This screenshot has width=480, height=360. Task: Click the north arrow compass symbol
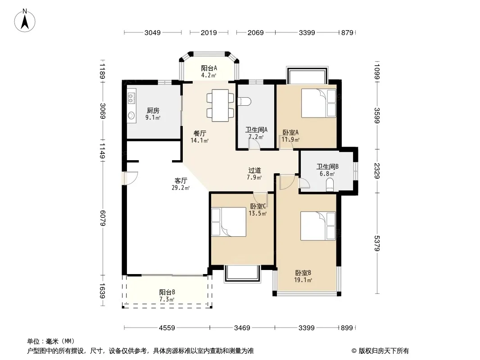click(x=25, y=21)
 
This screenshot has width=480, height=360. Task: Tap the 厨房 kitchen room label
click(x=153, y=110)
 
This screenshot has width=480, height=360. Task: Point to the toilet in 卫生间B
click(x=330, y=185)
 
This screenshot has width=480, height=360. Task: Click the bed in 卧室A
click(x=319, y=103)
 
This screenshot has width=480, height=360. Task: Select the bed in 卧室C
click(x=229, y=222)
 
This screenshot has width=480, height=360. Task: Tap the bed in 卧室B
click(x=318, y=226)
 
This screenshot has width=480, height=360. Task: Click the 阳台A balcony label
click(x=209, y=68)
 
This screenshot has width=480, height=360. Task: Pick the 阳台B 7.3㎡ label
click(x=167, y=296)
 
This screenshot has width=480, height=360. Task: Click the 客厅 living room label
click(x=181, y=181)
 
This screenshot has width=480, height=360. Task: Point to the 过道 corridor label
click(x=254, y=171)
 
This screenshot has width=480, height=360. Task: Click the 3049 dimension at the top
click(x=153, y=33)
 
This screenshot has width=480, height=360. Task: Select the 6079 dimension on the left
click(x=103, y=218)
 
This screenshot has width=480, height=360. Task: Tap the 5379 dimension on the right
click(x=377, y=243)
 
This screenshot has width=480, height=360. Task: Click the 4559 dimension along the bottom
click(x=167, y=328)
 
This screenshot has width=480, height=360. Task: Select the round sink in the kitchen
click(x=131, y=115)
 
